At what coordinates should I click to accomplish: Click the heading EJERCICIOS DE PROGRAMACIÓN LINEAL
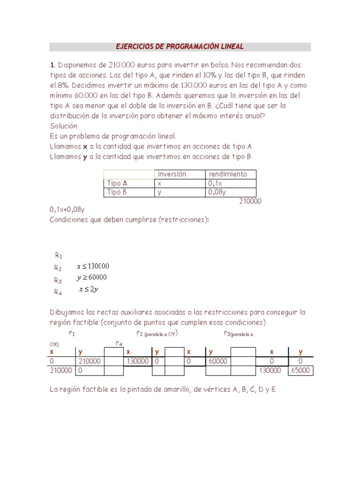tap(180, 47)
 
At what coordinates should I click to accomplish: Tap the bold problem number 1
tap(52, 65)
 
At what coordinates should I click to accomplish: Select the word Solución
tap(63, 126)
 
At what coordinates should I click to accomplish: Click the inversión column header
tap(172, 174)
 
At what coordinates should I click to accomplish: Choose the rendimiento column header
tap(227, 174)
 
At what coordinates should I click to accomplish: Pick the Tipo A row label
tap(117, 183)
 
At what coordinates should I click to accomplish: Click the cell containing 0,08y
tap(217, 192)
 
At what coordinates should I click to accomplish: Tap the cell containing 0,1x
tap(215, 183)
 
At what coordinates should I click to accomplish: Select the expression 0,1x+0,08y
tap(70, 210)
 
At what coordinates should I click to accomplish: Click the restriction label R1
tap(59, 255)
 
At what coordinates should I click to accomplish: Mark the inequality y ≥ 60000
tap(92, 277)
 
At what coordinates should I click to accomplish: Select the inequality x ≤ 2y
tap(89, 290)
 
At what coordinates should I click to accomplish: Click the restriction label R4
tap(58, 292)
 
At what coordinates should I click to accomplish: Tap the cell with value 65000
tap(300, 370)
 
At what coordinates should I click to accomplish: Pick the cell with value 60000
tap(218, 361)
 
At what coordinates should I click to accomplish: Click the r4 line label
tap(119, 344)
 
